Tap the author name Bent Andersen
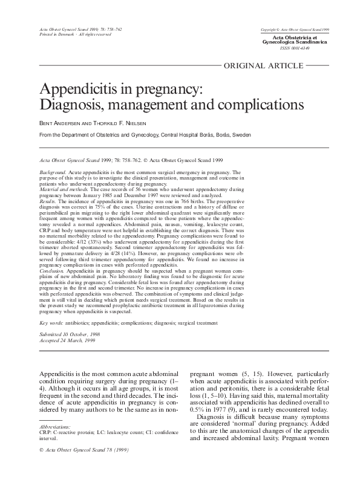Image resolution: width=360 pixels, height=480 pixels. point(58,123)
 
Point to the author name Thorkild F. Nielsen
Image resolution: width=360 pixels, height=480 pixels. point(120,123)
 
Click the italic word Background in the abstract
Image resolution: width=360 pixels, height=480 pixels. point(53,172)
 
